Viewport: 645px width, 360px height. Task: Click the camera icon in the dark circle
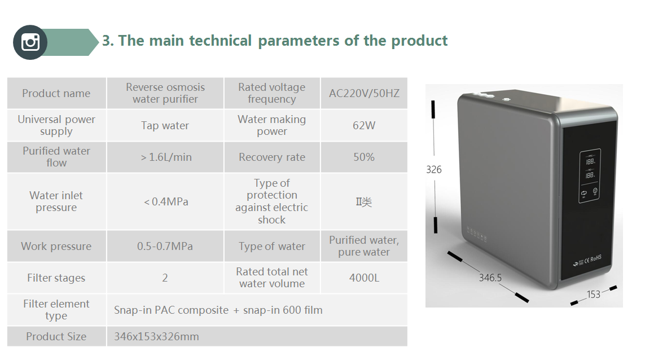[x=30, y=42]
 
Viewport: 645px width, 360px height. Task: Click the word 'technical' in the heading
[x=220, y=41]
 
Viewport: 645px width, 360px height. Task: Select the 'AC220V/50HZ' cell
[x=364, y=94]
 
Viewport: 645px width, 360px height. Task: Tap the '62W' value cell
[x=364, y=125]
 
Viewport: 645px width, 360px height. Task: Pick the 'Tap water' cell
[x=165, y=125]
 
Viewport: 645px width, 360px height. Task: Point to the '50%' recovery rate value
[x=364, y=157]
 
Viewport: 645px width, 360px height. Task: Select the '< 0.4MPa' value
[x=166, y=201]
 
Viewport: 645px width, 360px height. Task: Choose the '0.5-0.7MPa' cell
[x=165, y=246]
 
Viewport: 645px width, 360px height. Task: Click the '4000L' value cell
[x=364, y=278]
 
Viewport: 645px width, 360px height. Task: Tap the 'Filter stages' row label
[x=56, y=278]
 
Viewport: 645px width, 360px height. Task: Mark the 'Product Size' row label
[x=56, y=336]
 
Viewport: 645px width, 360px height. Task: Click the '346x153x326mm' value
[x=156, y=336]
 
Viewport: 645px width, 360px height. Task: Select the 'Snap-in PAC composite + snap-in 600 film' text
[x=218, y=310]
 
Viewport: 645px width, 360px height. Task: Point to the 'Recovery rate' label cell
[x=272, y=157]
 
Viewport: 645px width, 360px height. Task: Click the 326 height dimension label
[x=433, y=169]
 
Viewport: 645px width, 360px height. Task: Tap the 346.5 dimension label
[x=490, y=278]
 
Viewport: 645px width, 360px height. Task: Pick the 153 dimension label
[x=594, y=294]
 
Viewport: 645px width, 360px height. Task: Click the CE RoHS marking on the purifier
[x=593, y=259]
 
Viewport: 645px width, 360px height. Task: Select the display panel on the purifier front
[x=590, y=175]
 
